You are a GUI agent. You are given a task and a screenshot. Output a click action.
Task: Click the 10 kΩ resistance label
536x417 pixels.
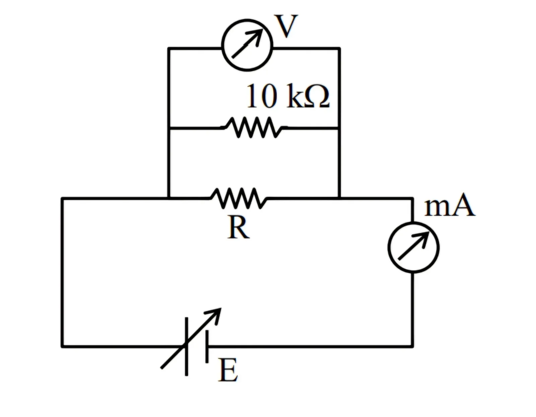point(288,96)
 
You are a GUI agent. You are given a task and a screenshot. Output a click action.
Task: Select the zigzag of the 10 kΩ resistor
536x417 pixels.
point(254,128)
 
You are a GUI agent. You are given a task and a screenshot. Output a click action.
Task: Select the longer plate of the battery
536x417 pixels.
point(187,346)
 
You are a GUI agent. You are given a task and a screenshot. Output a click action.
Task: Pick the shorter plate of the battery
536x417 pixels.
point(207,346)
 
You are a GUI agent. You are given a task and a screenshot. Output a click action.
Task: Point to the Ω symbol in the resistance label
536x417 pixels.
point(318,97)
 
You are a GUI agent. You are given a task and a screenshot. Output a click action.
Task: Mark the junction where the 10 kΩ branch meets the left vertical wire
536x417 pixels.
point(169,128)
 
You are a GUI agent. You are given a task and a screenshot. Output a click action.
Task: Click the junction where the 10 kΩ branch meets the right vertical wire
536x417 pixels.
point(339,128)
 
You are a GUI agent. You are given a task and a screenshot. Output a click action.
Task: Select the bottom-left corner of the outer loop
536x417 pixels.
point(62,346)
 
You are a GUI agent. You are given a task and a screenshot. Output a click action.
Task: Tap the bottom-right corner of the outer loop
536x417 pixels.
point(412,346)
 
